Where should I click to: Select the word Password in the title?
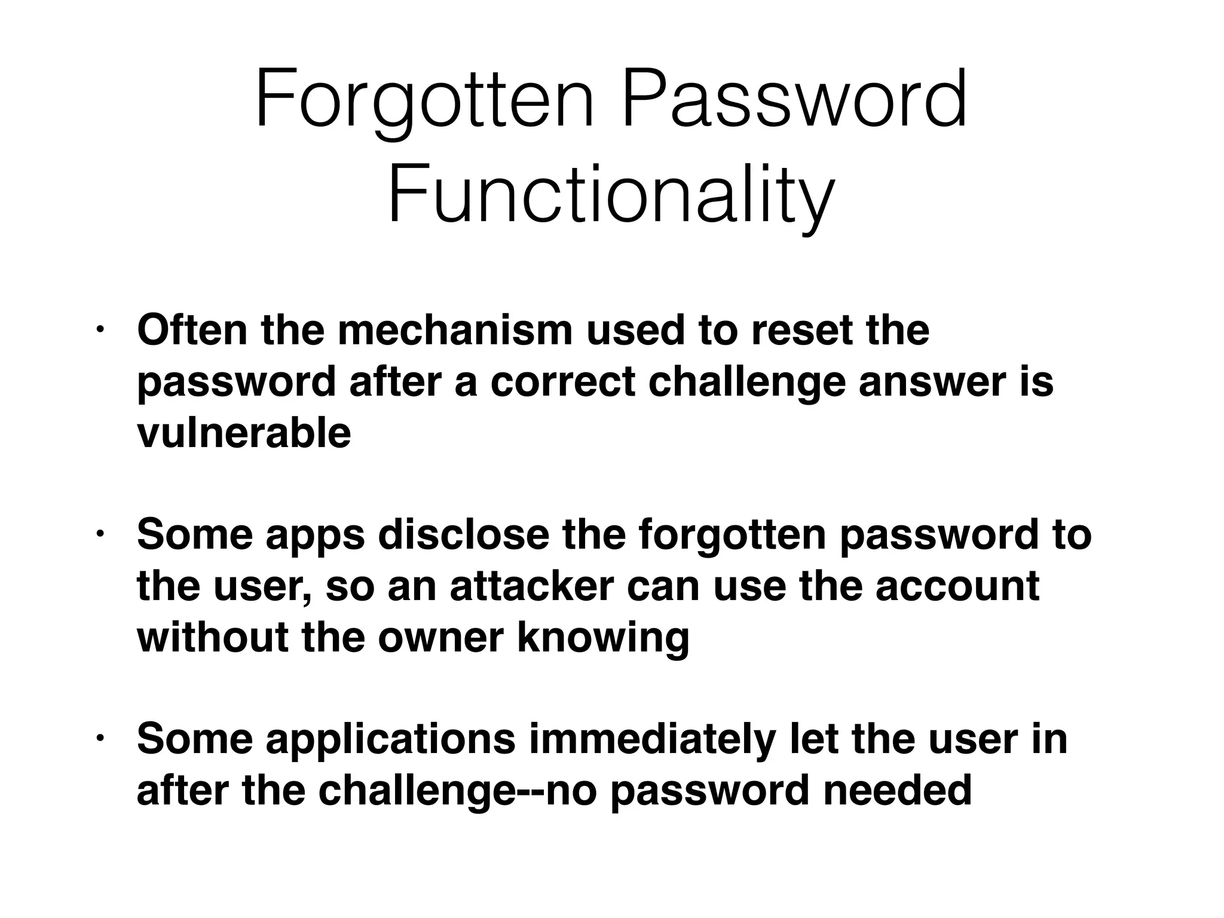tap(794, 100)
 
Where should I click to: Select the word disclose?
tap(463, 535)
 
